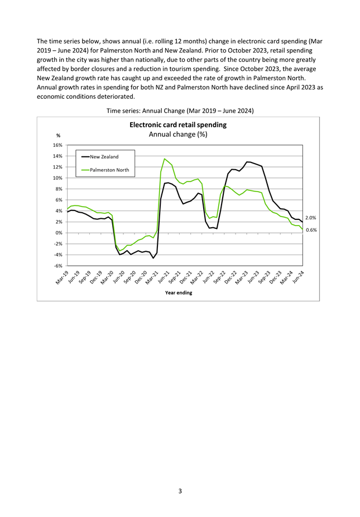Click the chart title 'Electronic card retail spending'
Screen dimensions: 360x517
pyautogui.click(x=178, y=125)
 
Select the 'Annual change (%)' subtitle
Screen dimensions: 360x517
pyautogui.click(x=178, y=134)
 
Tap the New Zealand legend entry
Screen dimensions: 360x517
pyautogui.click(x=100, y=157)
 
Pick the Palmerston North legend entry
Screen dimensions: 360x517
pyautogui.click(x=105, y=170)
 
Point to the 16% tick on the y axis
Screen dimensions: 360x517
pyautogui.click(x=57, y=145)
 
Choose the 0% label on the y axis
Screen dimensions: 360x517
pyautogui.click(x=59, y=233)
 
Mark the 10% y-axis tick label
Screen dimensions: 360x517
pyautogui.click(x=57, y=178)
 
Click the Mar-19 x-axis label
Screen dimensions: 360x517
pyautogui.click(x=62, y=277)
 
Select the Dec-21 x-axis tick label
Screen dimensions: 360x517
pyautogui.click(x=186, y=277)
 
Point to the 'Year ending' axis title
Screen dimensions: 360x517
pyautogui.click(x=179, y=293)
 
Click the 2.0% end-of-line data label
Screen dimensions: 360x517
pyautogui.click(x=310, y=218)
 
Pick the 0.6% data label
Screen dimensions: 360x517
pyautogui.click(x=311, y=230)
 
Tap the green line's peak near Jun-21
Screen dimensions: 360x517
pyautogui.click(x=165, y=159)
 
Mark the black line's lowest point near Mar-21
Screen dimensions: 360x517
pyautogui.click(x=153, y=258)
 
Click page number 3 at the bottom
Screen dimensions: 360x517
pyautogui.click(x=180, y=491)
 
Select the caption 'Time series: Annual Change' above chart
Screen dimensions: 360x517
pyautogui.click(x=146, y=111)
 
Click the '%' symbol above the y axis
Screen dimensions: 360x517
pyautogui.click(x=59, y=136)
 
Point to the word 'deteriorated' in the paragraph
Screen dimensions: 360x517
pyautogui.click(x=116, y=97)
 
